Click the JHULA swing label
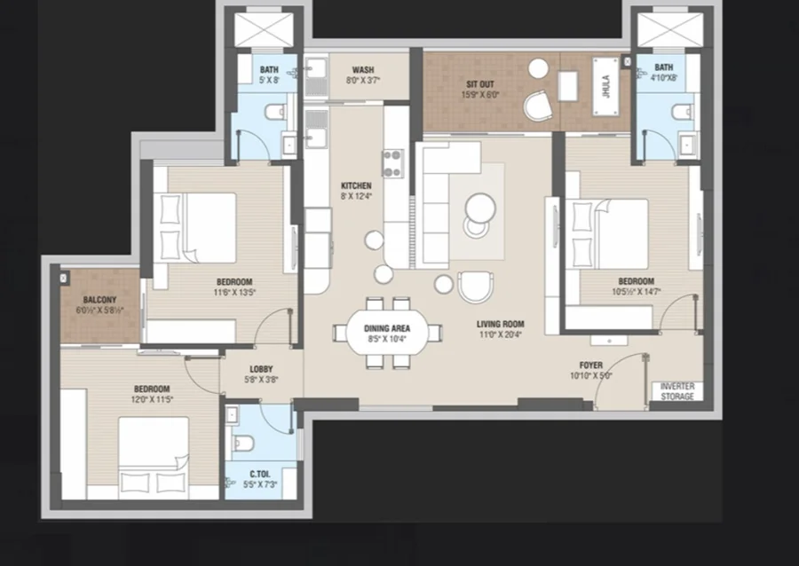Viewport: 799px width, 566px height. pos(605,86)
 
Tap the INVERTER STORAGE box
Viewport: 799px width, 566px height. pos(677,391)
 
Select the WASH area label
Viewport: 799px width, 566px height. pos(363,70)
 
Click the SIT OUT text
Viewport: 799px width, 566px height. pos(480,84)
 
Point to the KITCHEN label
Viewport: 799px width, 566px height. pos(356,185)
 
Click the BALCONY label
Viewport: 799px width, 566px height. pos(99,300)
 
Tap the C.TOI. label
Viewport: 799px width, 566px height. pos(260,474)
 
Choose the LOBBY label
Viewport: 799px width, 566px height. pos(261,369)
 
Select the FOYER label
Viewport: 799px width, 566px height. pos(591,365)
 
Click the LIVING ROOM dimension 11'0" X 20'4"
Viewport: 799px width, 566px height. pos(500,334)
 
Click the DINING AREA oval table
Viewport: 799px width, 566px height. pos(387,334)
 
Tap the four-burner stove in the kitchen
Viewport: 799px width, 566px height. pos(393,163)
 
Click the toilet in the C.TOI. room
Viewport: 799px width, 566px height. pos(243,444)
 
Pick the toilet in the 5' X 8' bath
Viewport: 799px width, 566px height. pos(276,112)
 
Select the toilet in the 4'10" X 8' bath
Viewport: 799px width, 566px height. pos(683,112)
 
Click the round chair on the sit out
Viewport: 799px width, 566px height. pos(538,106)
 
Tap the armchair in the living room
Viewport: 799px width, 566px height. pos(476,287)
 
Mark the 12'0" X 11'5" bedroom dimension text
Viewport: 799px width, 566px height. pos(152,399)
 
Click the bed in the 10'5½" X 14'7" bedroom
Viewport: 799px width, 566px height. pos(610,233)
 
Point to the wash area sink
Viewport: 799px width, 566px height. pos(316,75)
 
